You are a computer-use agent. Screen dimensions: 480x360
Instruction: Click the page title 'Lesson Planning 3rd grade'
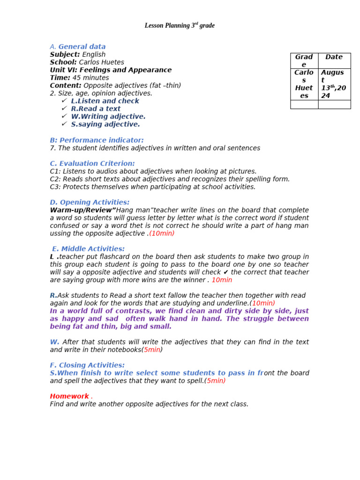point(180,26)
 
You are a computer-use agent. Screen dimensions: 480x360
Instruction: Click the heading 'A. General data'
point(78,46)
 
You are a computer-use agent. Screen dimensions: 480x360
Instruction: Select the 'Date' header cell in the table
point(334,57)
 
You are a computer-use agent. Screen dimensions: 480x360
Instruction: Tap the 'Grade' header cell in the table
point(304,60)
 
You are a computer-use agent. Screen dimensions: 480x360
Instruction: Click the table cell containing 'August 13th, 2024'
point(334,84)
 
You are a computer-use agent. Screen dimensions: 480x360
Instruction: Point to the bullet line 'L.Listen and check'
point(105,101)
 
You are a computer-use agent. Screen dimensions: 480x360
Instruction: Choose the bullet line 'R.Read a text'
point(96,109)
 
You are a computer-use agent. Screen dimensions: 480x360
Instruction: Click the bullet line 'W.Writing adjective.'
point(108,116)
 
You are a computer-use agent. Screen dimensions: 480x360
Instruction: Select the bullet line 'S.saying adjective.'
point(105,124)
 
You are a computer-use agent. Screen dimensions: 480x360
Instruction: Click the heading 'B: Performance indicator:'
point(97,140)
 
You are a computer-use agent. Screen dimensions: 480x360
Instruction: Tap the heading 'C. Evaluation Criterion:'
point(92,164)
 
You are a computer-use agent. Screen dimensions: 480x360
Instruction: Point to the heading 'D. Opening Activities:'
point(90,202)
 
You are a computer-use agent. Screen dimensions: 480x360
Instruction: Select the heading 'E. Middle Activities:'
point(88,249)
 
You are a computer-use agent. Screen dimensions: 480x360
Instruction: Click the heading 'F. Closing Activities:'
point(87,365)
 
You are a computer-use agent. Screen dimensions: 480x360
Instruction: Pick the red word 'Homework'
point(69,396)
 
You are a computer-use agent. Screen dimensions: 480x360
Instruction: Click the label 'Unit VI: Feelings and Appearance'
point(111,70)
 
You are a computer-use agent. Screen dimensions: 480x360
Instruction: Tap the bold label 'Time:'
point(60,78)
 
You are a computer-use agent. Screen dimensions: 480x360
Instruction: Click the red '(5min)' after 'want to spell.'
point(215,381)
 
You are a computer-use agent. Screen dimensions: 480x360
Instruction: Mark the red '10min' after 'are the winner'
point(222,280)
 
